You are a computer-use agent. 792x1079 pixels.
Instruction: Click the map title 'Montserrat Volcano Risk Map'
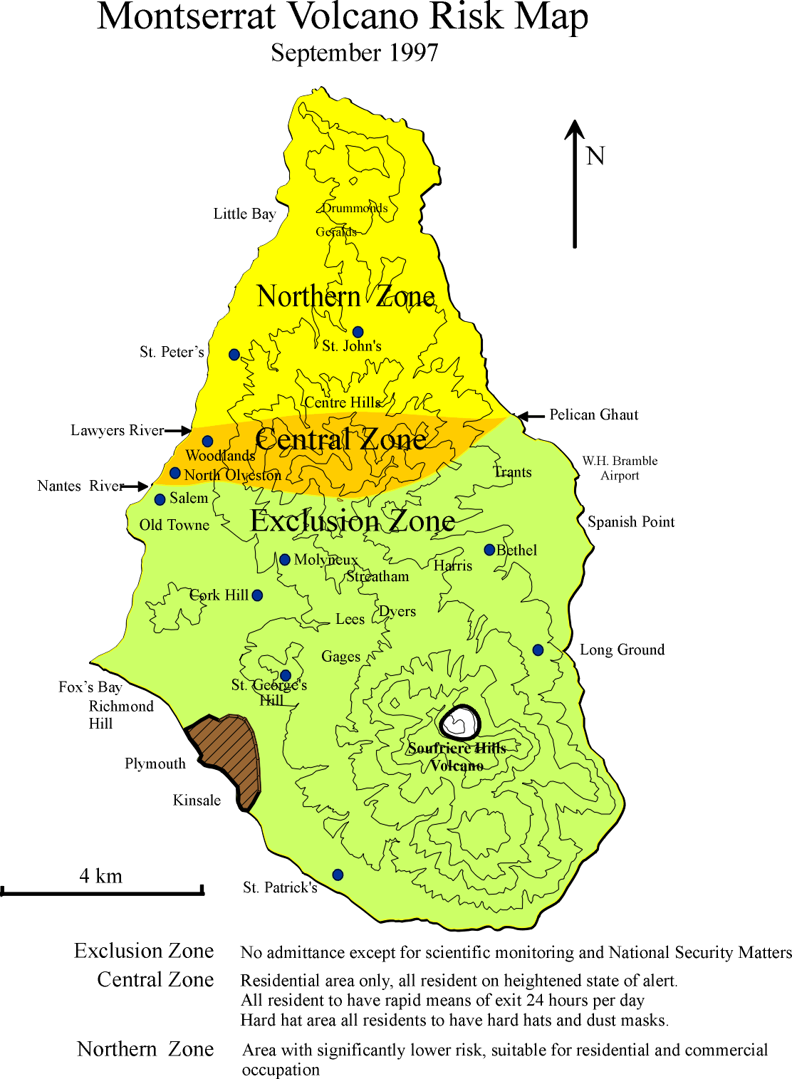coord(343,17)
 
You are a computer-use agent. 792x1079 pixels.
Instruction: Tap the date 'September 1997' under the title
coord(354,53)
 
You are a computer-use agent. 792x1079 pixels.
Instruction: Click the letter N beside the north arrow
coord(595,156)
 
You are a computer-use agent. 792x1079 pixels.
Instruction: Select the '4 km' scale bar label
coord(100,875)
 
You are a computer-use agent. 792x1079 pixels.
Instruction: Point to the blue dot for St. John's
coord(358,332)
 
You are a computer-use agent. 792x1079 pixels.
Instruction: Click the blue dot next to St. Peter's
coord(234,354)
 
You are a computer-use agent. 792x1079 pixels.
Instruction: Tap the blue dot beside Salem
coord(160,499)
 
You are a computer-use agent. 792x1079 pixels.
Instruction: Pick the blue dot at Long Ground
coord(538,650)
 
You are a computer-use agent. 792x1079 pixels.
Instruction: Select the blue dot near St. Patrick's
coord(338,875)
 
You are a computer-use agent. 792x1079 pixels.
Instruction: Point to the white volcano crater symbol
coord(460,723)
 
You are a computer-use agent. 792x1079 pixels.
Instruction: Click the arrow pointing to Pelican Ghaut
coord(530,416)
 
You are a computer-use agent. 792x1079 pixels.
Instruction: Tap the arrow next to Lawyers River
coord(178,430)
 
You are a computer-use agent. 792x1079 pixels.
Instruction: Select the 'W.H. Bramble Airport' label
coord(620,468)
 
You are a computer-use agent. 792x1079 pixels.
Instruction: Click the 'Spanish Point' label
coord(630,522)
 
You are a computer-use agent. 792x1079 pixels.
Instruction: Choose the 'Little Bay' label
coord(244,214)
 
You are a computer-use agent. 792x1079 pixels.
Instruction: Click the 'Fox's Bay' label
coord(90,687)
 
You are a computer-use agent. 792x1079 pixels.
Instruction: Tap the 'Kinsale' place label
coord(197,801)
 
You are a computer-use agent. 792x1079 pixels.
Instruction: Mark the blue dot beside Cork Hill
coord(257,595)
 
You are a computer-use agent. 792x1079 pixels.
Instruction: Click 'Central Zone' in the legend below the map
coord(155,980)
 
